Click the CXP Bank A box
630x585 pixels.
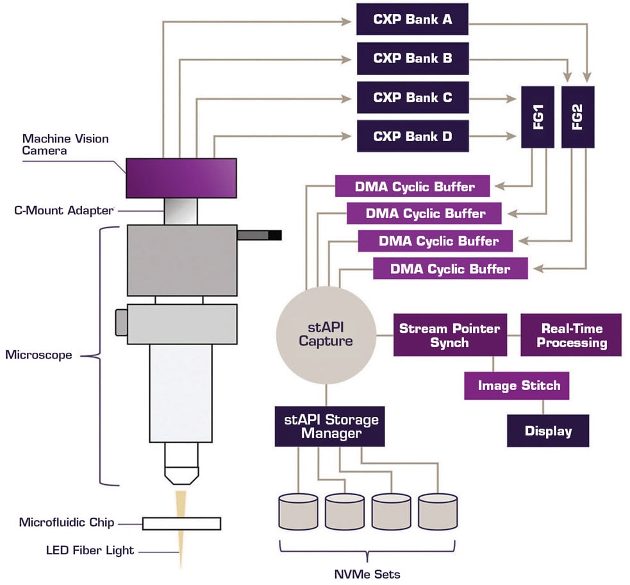(x=413, y=19)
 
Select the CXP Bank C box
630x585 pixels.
(x=413, y=97)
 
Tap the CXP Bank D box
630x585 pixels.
(x=413, y=136)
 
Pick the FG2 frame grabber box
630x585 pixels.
(x=579, y=116)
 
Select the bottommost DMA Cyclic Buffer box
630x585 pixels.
(x=450, y=268)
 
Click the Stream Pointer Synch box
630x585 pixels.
(x=449, y=335)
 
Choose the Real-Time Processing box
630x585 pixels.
(x=571, y=335)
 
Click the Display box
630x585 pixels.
(x=548, y=430)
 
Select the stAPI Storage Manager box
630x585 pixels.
(x=330, y=426)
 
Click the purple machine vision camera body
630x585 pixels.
(x=181, y=178)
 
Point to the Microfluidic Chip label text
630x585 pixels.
(x=67, y=522)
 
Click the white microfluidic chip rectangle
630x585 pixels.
(x=181, y=523)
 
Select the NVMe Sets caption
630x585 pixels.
(x=367, y=573)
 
